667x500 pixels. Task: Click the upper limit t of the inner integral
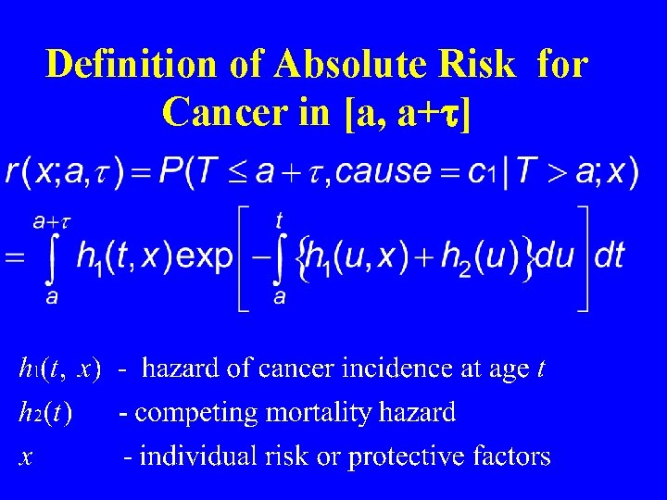(x=279, y=220)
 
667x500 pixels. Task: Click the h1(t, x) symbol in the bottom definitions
(x=59, y=369)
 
